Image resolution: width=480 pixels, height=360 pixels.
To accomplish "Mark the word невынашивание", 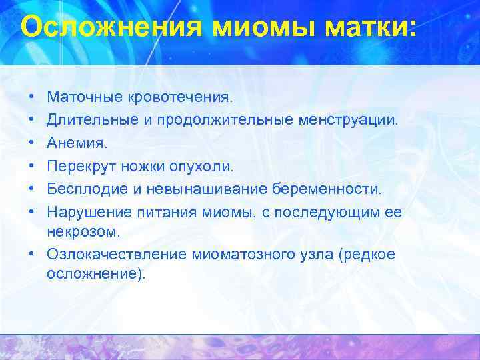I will (201, 189).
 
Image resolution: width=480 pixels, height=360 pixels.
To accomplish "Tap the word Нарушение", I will (83, 211).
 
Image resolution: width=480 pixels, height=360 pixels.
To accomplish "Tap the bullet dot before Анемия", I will (33, 143).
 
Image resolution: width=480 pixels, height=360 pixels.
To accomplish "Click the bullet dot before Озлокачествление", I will (33, 253).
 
